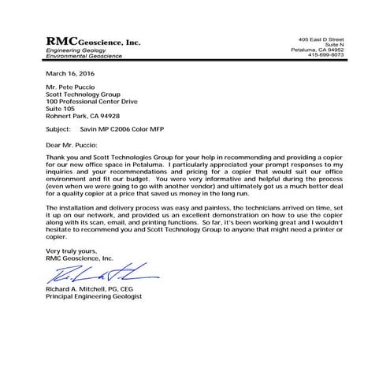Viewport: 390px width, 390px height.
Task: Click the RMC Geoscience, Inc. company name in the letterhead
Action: pos(93,41)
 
